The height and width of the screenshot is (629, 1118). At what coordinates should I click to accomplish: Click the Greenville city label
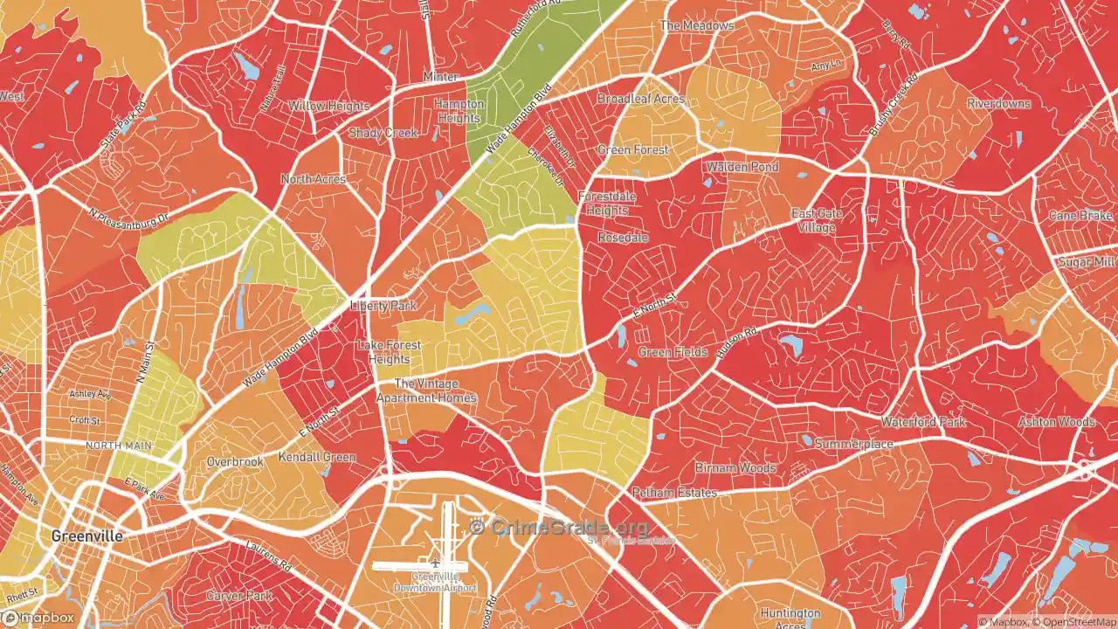(x=86, y=536)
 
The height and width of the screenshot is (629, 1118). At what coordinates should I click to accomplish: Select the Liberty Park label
(x=383, y=306)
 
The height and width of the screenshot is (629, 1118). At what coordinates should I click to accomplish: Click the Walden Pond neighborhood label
(x=742, y=166)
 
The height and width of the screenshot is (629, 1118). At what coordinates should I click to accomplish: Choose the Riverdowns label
(x=998, y=103)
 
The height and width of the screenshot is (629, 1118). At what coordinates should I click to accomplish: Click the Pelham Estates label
(x=674, y=493)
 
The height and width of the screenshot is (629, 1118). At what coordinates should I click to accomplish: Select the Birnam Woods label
(x=735, y=468)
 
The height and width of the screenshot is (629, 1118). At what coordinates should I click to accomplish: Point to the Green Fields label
(x=673, y=352)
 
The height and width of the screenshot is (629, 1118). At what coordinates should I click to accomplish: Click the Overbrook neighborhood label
(x=235, y=461)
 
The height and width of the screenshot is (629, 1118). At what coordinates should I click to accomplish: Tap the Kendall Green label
(x=316, y=457)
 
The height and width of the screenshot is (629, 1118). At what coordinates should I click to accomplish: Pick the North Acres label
(x=313, y=179)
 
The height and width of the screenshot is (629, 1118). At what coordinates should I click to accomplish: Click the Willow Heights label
(x=329, y=106)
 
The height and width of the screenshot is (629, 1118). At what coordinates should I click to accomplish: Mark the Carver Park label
(x=235, y=595)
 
